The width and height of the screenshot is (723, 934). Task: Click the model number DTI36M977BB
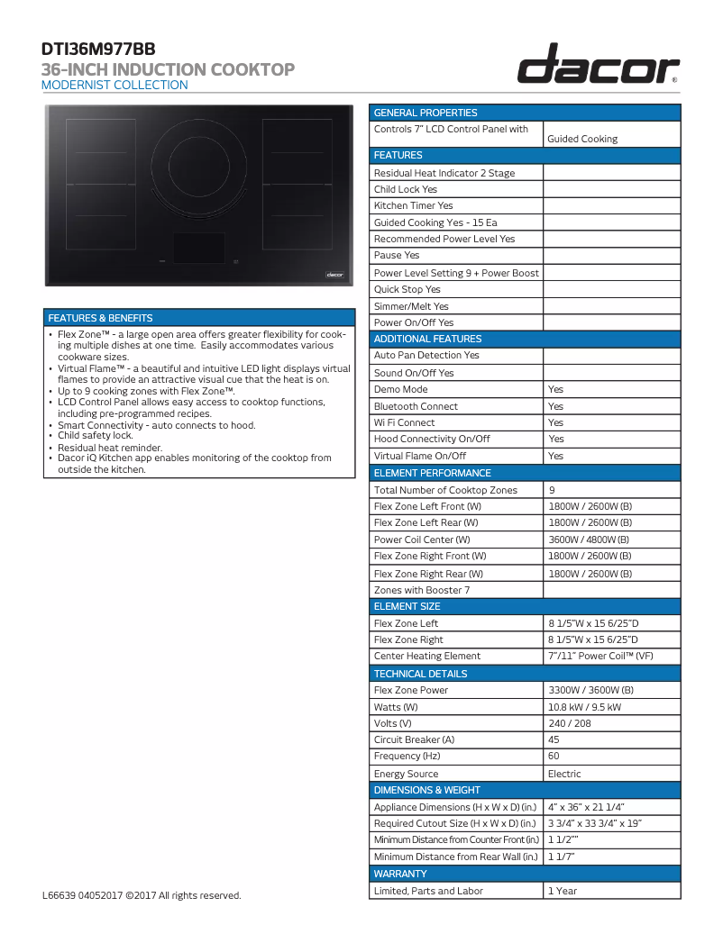tap(93, 50)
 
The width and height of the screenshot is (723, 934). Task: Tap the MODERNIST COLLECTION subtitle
tap(115, 86)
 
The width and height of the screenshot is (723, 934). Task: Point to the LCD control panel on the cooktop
tap(198, 248)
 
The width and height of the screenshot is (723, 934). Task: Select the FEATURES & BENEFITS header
tap(101, 318)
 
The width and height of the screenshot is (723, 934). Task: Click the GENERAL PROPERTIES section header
tap(426, 113)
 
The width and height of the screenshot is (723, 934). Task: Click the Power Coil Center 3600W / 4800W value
tap(590, 540)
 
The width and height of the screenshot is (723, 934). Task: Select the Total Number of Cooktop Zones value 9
tap(552, 490)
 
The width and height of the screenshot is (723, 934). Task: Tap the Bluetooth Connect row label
tap(416, 406)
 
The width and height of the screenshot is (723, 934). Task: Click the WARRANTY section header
tap(400, 874)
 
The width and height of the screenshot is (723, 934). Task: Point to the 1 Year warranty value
tap(563, 891)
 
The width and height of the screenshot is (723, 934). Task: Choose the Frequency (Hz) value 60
tap(554, 757)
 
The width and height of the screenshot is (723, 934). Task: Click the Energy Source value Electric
tap(564, 774)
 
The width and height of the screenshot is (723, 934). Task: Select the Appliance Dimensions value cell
tap(586, 807)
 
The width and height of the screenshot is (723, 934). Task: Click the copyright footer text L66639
tap(142, 895)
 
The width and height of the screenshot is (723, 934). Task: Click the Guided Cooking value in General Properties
tap(582, 139)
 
